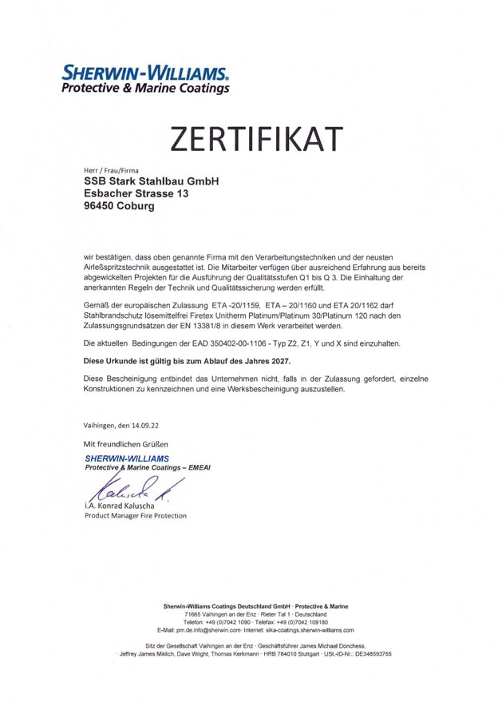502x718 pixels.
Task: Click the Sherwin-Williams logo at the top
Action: pos(146,77)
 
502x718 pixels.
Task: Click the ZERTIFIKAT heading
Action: pos(251,139)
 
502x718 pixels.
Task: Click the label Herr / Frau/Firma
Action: pos(111,171)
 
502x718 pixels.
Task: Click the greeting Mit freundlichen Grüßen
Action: pos(126,443)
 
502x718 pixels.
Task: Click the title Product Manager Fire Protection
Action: pos(135,515)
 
